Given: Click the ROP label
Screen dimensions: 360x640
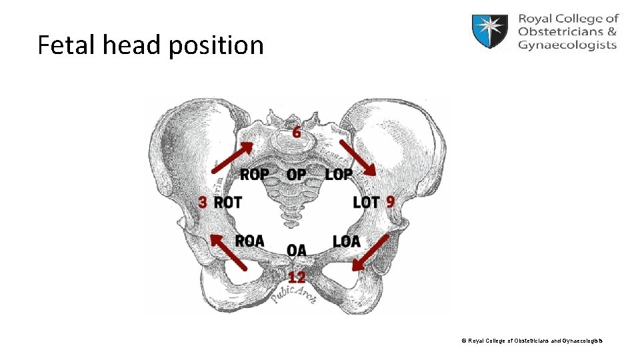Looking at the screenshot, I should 254,175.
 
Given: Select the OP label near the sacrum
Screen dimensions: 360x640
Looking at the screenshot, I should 297,175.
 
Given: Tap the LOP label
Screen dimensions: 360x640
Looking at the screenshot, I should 339,175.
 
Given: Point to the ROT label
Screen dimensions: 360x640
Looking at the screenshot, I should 228,202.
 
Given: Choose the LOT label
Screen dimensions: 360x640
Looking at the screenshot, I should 366,202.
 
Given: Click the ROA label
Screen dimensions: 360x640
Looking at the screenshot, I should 249,241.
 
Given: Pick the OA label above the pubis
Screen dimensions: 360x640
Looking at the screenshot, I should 297,251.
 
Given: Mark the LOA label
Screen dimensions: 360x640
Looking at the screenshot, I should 346,241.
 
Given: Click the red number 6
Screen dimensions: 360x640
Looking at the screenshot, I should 297,132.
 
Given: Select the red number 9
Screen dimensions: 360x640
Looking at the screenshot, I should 390,201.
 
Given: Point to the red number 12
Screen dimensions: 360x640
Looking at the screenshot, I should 297,277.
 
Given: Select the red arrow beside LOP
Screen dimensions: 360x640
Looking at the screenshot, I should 357,158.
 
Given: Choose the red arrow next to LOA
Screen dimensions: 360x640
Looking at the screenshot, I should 370,253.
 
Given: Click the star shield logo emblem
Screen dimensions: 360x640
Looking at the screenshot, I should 491,31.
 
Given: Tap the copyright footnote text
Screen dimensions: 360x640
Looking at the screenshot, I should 531,341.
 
